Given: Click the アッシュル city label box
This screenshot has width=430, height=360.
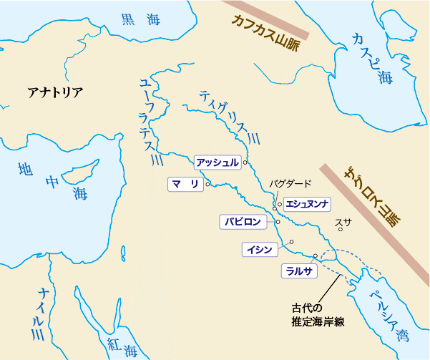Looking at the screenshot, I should tap(217, 162).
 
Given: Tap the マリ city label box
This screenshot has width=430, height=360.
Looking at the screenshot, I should tap(185, 184).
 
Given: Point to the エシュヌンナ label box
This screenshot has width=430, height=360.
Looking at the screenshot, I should tap(306, 204).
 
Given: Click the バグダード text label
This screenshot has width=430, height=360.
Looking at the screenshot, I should tap(290, 184).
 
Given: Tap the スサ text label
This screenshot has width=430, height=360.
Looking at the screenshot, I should tap(343, 223).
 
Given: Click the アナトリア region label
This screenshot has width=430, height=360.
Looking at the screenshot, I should tap(55, 92).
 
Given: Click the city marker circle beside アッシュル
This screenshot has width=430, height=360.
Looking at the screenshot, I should tap(245, 163).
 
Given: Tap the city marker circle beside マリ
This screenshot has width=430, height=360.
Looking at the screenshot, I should tap(207, 185).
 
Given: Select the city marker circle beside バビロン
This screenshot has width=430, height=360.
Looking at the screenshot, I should tap(278, 222).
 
